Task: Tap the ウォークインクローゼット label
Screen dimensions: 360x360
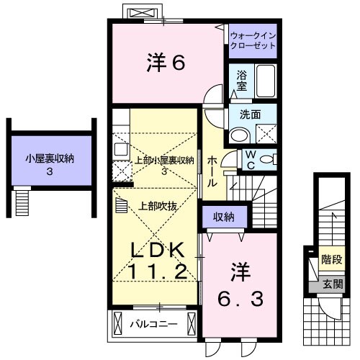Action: point(253,40)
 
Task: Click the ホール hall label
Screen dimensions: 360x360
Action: point(213,171)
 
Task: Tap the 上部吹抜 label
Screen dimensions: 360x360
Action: point(157,204)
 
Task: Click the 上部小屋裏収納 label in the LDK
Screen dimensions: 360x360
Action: point(164,161)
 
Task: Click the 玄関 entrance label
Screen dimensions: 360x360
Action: point(332,282)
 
